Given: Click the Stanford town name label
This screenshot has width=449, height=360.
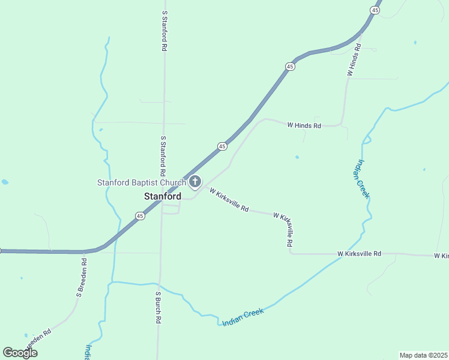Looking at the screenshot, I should (163, 196).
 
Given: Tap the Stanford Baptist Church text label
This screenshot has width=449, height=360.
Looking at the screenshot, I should (142, 182).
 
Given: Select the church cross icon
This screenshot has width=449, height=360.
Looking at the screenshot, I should (195, 181).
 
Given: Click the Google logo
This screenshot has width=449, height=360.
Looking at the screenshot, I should (20, 353).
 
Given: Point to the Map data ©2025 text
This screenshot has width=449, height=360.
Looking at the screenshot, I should (423, 355).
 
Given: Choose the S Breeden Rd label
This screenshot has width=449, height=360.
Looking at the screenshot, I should (82, 278).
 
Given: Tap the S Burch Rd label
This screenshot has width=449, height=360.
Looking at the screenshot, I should (158, 308).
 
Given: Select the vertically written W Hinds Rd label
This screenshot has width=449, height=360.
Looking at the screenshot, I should (354, 59).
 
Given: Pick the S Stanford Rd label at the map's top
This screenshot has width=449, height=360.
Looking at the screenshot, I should (164, 30).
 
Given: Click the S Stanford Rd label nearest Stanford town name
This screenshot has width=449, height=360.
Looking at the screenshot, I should (163, 155).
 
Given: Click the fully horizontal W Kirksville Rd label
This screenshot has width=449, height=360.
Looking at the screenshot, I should (359, 254).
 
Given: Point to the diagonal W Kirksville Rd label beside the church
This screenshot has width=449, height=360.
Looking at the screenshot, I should (229, 199).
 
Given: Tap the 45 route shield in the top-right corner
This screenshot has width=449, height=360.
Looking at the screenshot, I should (375, 10).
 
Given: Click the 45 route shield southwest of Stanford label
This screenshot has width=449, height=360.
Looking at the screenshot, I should (140, 216).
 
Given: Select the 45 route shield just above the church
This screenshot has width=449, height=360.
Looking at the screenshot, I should (222, 146).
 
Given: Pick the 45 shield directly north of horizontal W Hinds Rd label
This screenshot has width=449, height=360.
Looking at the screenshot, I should (291, 67).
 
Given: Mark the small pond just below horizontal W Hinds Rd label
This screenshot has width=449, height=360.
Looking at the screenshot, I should (297, 158).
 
